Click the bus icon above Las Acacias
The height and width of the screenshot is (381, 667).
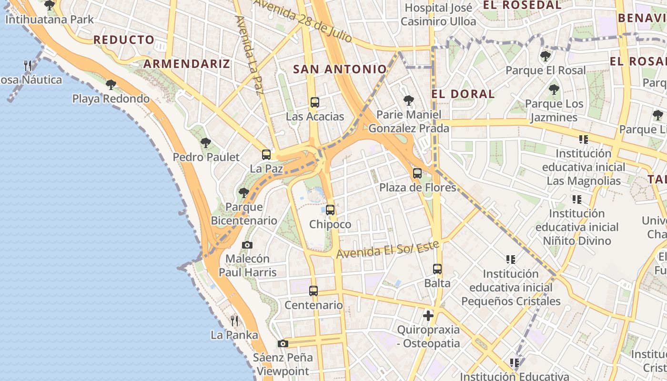314,102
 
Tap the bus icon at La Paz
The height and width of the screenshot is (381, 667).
266,154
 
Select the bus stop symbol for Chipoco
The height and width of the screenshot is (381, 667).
330,210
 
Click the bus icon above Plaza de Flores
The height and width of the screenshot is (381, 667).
417,173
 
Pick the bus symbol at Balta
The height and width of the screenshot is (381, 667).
437,269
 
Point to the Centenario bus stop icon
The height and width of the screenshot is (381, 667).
313,291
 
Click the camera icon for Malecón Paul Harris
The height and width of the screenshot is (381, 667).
247,245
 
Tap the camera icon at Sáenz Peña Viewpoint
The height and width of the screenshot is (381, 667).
283,343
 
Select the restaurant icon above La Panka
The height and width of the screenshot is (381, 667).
234,321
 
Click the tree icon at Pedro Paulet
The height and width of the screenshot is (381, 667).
206,142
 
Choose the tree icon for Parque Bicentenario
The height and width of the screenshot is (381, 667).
244,192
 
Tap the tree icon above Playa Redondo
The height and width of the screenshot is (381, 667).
111,85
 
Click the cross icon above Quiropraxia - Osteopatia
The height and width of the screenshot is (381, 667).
428,315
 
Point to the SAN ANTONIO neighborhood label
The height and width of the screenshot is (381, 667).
340,69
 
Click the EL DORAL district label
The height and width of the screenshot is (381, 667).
463,94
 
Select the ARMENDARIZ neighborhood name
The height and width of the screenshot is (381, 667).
187,64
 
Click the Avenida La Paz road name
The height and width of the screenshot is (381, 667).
249,55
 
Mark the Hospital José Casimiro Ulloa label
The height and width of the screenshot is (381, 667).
438,15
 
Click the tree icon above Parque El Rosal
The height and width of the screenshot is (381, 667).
546,56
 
